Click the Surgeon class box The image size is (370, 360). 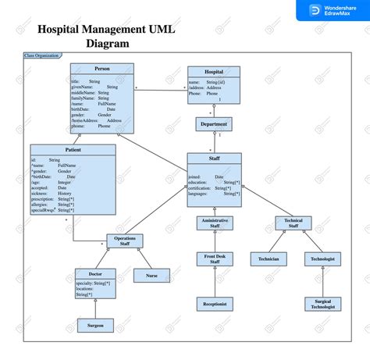[95, 326]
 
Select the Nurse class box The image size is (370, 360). [152, 276]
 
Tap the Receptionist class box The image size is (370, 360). [215, 304]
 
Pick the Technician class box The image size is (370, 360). [269, 258]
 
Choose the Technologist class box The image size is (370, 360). [322, 258]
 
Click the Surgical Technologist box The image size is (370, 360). [322, 304]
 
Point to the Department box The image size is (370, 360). [214, 124]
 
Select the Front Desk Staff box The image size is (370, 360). [215, 259]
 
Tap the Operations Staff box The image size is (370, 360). [125, 241]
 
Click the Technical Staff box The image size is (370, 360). [293, 223]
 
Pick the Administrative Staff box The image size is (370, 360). [215, 223]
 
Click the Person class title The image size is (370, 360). [102, 69]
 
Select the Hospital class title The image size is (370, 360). [213, 72]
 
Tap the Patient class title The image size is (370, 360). [73, 149]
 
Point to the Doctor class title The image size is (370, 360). [95, 273]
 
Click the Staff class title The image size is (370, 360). [214, 158]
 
